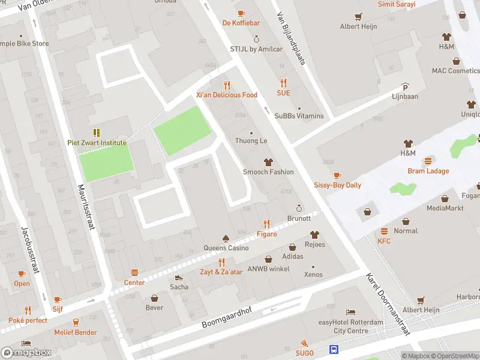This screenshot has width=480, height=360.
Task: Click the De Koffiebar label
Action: click(241, 23)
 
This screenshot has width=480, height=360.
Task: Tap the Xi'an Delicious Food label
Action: click(226, 95)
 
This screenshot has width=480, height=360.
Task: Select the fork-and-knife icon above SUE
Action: click(283, 83)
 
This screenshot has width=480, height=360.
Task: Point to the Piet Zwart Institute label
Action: click(97, 143)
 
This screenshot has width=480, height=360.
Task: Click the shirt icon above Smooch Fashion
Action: click(268, 162)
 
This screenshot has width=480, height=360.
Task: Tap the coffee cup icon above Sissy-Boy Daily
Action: click(337, 175)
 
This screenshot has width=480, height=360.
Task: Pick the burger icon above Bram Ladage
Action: click(428, 161)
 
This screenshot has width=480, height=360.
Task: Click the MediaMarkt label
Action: click(445, 208)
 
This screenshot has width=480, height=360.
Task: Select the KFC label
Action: click(384, 241)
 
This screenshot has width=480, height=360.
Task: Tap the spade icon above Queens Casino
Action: click(226, 238)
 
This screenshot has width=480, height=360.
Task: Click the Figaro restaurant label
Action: click(267, 234)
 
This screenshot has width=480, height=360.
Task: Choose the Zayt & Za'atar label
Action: click(221, 272)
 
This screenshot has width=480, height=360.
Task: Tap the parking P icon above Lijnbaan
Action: click(405, 86)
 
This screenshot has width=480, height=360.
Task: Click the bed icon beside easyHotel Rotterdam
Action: click(351, 313)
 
